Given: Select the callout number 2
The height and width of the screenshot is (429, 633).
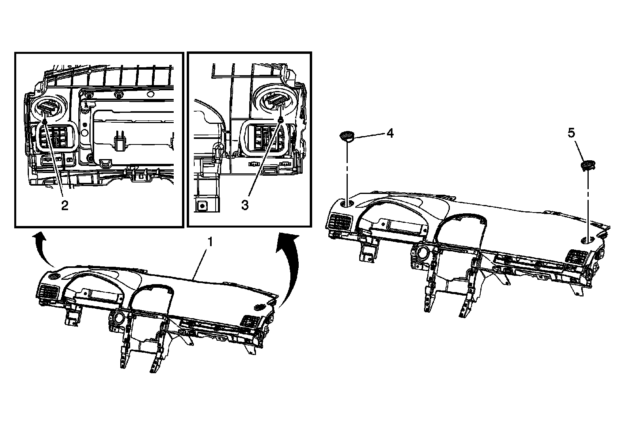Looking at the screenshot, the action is coord(64,205).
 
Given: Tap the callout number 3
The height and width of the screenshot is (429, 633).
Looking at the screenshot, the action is coord(245,205).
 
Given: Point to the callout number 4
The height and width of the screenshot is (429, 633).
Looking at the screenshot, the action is coord(390,133).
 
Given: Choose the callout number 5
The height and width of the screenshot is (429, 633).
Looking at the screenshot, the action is coord(572,133).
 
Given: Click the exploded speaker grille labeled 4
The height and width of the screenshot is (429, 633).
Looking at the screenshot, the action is coord(347,136).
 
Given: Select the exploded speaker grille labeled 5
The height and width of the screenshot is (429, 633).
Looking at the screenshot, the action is coord(588,165).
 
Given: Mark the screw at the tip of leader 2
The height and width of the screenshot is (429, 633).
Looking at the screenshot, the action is coord(46,122).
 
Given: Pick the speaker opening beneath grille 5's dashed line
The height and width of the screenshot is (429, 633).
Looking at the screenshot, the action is coord(588,240).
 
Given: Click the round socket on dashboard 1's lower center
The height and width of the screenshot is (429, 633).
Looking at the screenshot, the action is coord(118,317).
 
